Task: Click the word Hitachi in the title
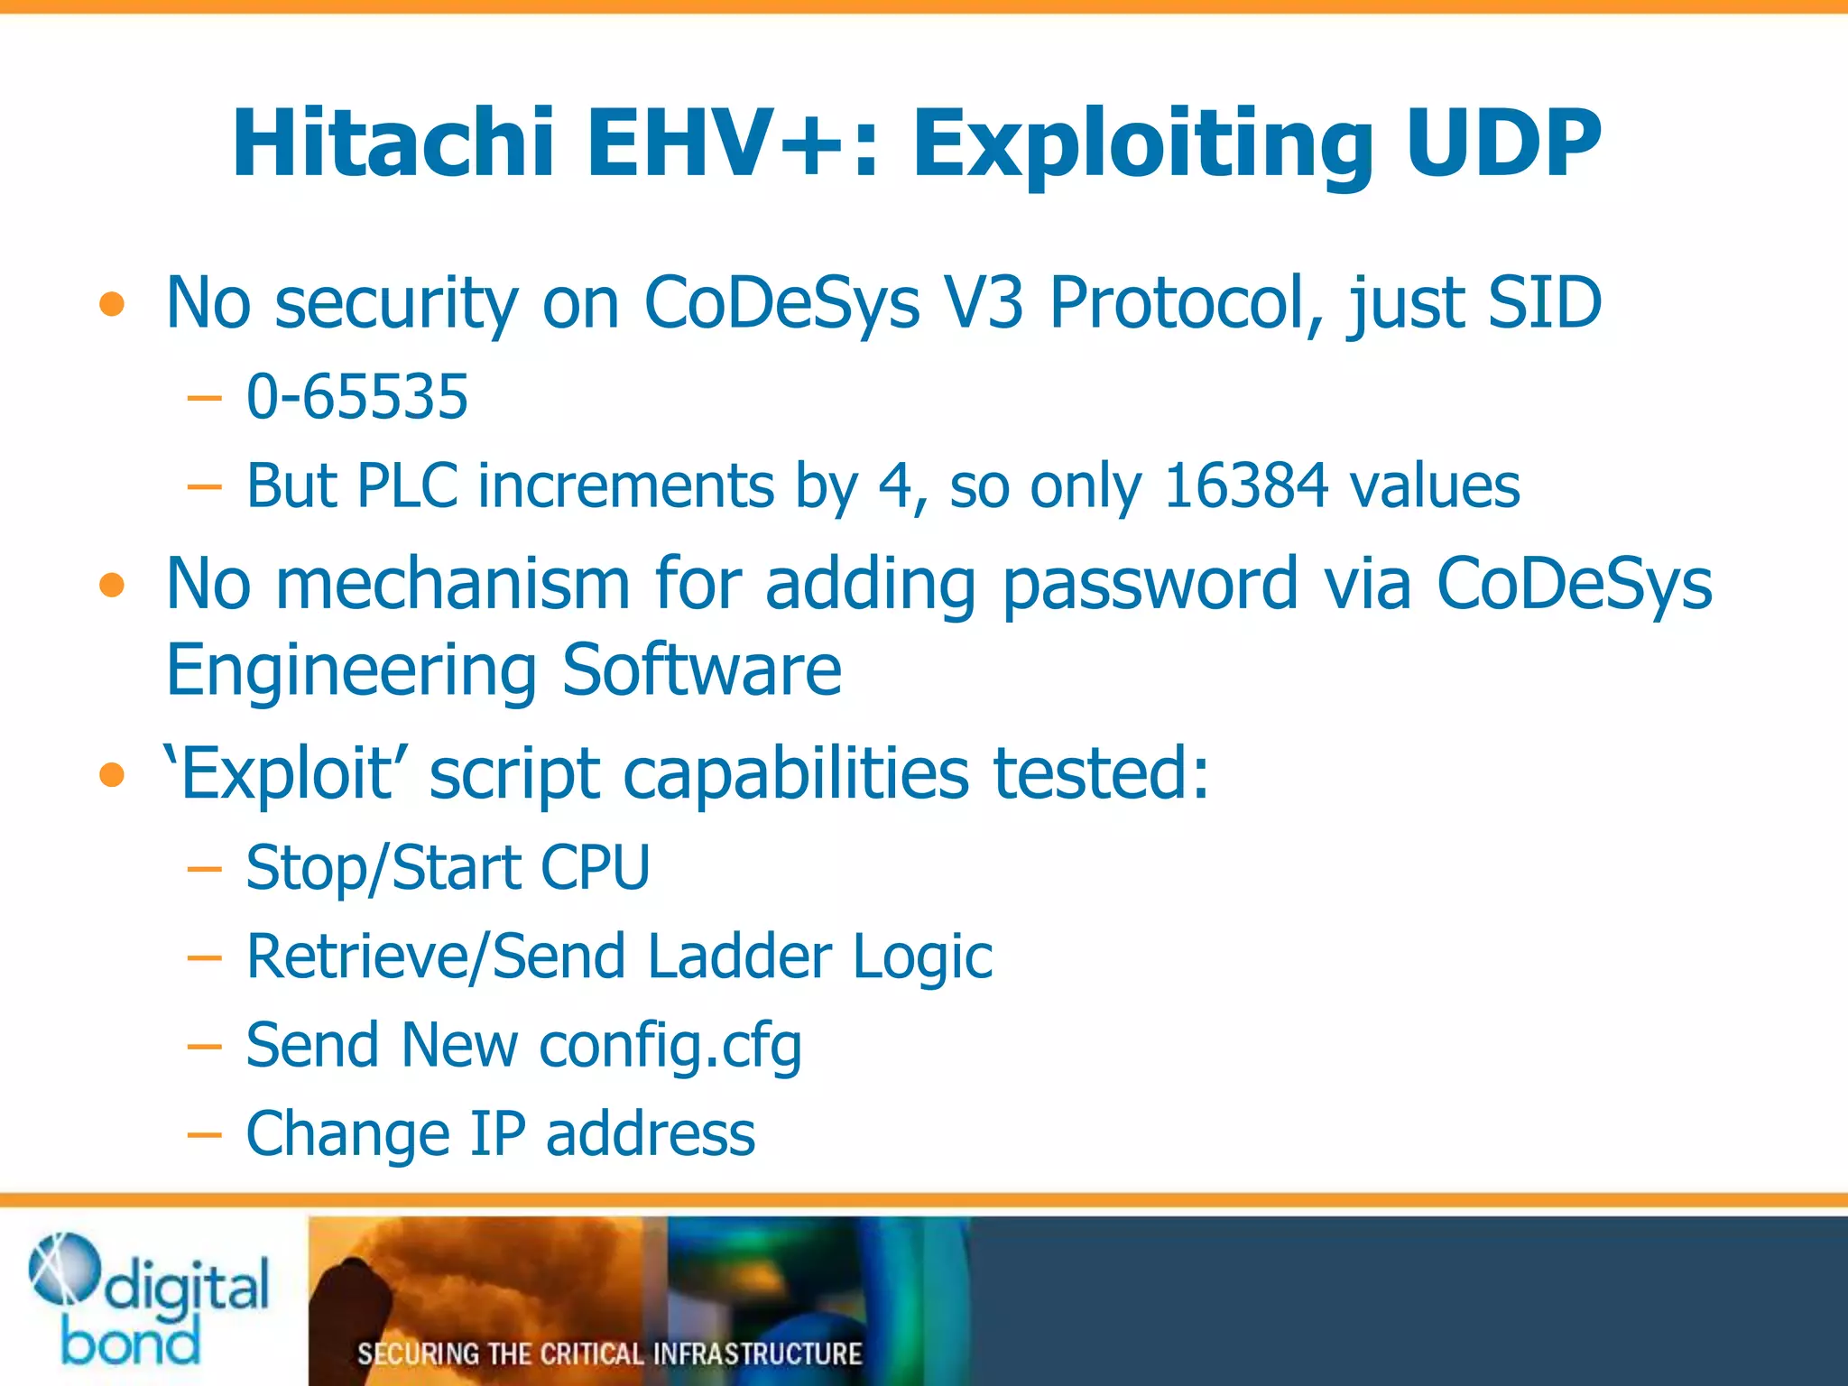[393, 144]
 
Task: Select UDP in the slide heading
[1502, 144]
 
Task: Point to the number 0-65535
[357, 397]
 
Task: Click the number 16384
[1245, 486]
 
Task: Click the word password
[1150, 585]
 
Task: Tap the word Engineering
[352, 671]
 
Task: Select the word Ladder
[739, 956]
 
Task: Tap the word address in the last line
[651, 1134]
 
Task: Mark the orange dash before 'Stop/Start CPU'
[205, 869]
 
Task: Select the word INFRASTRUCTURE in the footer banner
[757, 1354]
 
